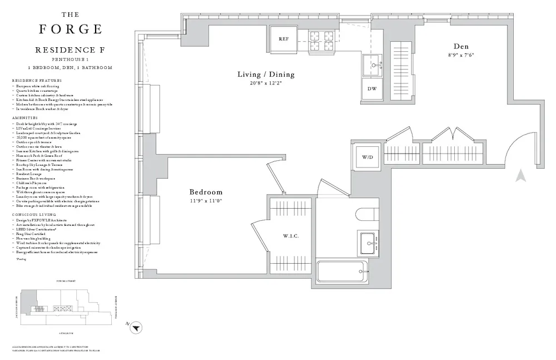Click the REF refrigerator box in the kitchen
284,39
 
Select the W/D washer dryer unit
368,157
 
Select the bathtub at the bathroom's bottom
341,273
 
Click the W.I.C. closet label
291,236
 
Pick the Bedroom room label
206,192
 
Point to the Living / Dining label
266,75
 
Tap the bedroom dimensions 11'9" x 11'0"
205,201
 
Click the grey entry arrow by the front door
520,176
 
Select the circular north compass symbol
135,329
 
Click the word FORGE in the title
70,29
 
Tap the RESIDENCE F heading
70,50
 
